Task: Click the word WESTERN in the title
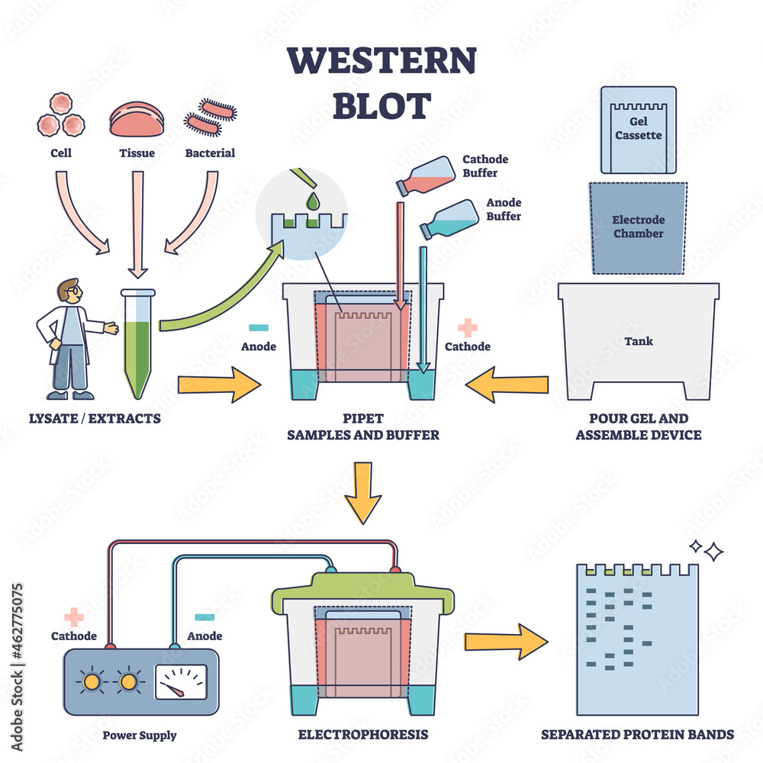381,61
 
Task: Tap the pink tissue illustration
137,121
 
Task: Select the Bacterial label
210,153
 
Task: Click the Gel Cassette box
638,130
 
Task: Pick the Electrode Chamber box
638,227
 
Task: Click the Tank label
639,341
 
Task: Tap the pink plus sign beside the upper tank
468,327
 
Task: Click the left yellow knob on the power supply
92,680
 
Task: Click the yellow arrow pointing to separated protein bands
506,642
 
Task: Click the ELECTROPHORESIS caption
363,735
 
